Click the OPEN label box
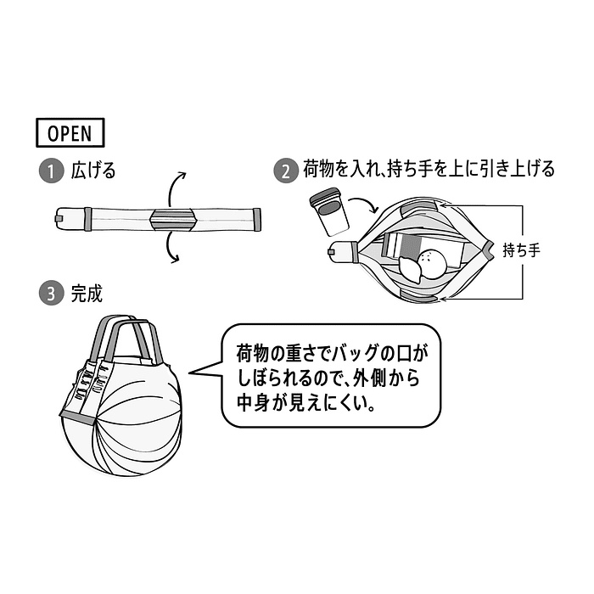tap(70, 132)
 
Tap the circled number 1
tap(52, 171)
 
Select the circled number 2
tap(286, 171)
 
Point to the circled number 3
tap(52, 294)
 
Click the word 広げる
tap(93, 171)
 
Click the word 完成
tap(87, 294)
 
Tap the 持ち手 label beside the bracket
tap(521, 250)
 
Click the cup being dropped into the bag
tap(329, 211)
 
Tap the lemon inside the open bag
tap(411, 269)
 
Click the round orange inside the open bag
tap(433, 264)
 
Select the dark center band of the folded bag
tap(173, 219)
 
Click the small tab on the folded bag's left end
tap(58, 219)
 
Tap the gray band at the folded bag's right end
tap(257, 219)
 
